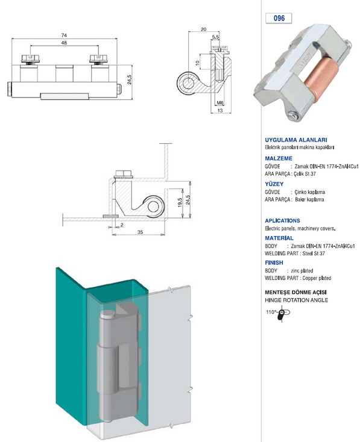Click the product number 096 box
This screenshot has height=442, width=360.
point(279,18)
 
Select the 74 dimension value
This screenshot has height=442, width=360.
point(64,36)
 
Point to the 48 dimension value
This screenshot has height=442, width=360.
point(64,43)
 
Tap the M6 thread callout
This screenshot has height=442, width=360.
point(220,103)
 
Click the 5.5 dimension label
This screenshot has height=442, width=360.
point(215,37)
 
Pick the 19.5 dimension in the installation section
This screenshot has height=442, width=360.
point(180,202)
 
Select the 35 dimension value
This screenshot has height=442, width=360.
point(140,232)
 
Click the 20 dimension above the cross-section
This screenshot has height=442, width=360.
point(203,30)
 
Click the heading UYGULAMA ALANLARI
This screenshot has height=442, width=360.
point(296,140)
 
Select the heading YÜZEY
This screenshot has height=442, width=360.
point(274,184)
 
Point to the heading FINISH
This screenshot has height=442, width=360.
point(274,263)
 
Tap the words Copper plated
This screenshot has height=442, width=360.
point(317,278)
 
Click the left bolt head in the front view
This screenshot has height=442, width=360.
point(30,58)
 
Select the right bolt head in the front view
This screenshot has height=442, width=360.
point(98,58)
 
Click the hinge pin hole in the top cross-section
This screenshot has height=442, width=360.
point(187,84)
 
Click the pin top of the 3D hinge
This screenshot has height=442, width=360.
point(107,314)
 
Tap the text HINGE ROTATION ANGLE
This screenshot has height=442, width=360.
point(297,300)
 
